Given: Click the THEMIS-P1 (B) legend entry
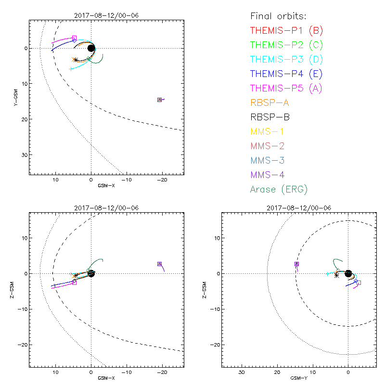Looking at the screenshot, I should tap(286, 30).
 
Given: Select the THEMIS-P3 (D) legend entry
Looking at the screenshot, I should tap(286, 59).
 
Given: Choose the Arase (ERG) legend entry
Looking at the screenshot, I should tap(279, 189).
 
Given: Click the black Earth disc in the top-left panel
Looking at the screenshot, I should tap(91, 48).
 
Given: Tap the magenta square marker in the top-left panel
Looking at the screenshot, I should tap(74, 38).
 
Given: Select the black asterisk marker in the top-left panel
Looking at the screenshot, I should tap(75, 60).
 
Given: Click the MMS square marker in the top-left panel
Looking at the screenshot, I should tap(159, 100).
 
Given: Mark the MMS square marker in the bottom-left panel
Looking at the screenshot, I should tap(159, 264).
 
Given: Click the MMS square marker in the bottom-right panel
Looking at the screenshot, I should tap(296, 264).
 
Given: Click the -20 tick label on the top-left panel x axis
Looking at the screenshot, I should tap(162, 179).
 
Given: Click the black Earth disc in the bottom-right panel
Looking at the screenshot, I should tap(348, 273).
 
